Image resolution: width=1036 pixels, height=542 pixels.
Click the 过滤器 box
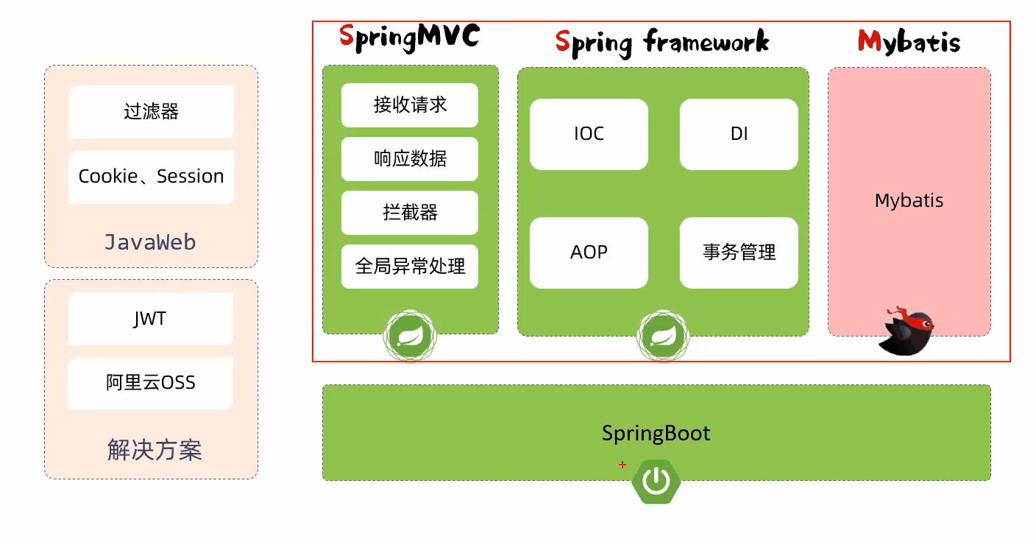(x=151, y=111)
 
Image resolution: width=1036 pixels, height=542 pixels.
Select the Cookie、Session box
(x=151, y=177)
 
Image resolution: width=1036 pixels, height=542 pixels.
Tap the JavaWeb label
(x=150, y=242)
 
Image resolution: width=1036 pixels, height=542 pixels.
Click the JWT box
(x=150, y=318)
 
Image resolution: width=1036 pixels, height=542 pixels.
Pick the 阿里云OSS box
(x=150, y=383)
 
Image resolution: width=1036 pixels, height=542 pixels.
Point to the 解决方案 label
(x=155, y=450)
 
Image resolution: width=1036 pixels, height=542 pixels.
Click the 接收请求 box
(x=410, y=105)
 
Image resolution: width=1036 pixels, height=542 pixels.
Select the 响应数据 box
(x=410, y=159)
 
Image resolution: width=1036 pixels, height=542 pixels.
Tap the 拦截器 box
(x=410, y=212)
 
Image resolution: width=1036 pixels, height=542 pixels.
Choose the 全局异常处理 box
(x=410, y=266)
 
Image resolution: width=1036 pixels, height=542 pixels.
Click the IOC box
(x=589, y=134)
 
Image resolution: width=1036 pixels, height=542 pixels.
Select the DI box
(x=739, y=134)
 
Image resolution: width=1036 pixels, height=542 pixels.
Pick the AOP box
(x=589, y=253)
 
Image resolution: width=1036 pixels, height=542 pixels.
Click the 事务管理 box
(x=739, y=253)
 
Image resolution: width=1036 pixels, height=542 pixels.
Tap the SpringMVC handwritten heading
(x=410, y=38)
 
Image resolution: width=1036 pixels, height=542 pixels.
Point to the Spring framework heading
(x=662, y=43)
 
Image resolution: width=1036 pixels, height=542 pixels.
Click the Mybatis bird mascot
(x=906, y=331)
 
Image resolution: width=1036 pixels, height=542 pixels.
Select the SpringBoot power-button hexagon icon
(x=656, y=482)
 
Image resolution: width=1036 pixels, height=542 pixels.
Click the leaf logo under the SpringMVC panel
(x=411, y=337)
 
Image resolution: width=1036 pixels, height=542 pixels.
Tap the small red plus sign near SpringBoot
(x=622, y=464)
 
